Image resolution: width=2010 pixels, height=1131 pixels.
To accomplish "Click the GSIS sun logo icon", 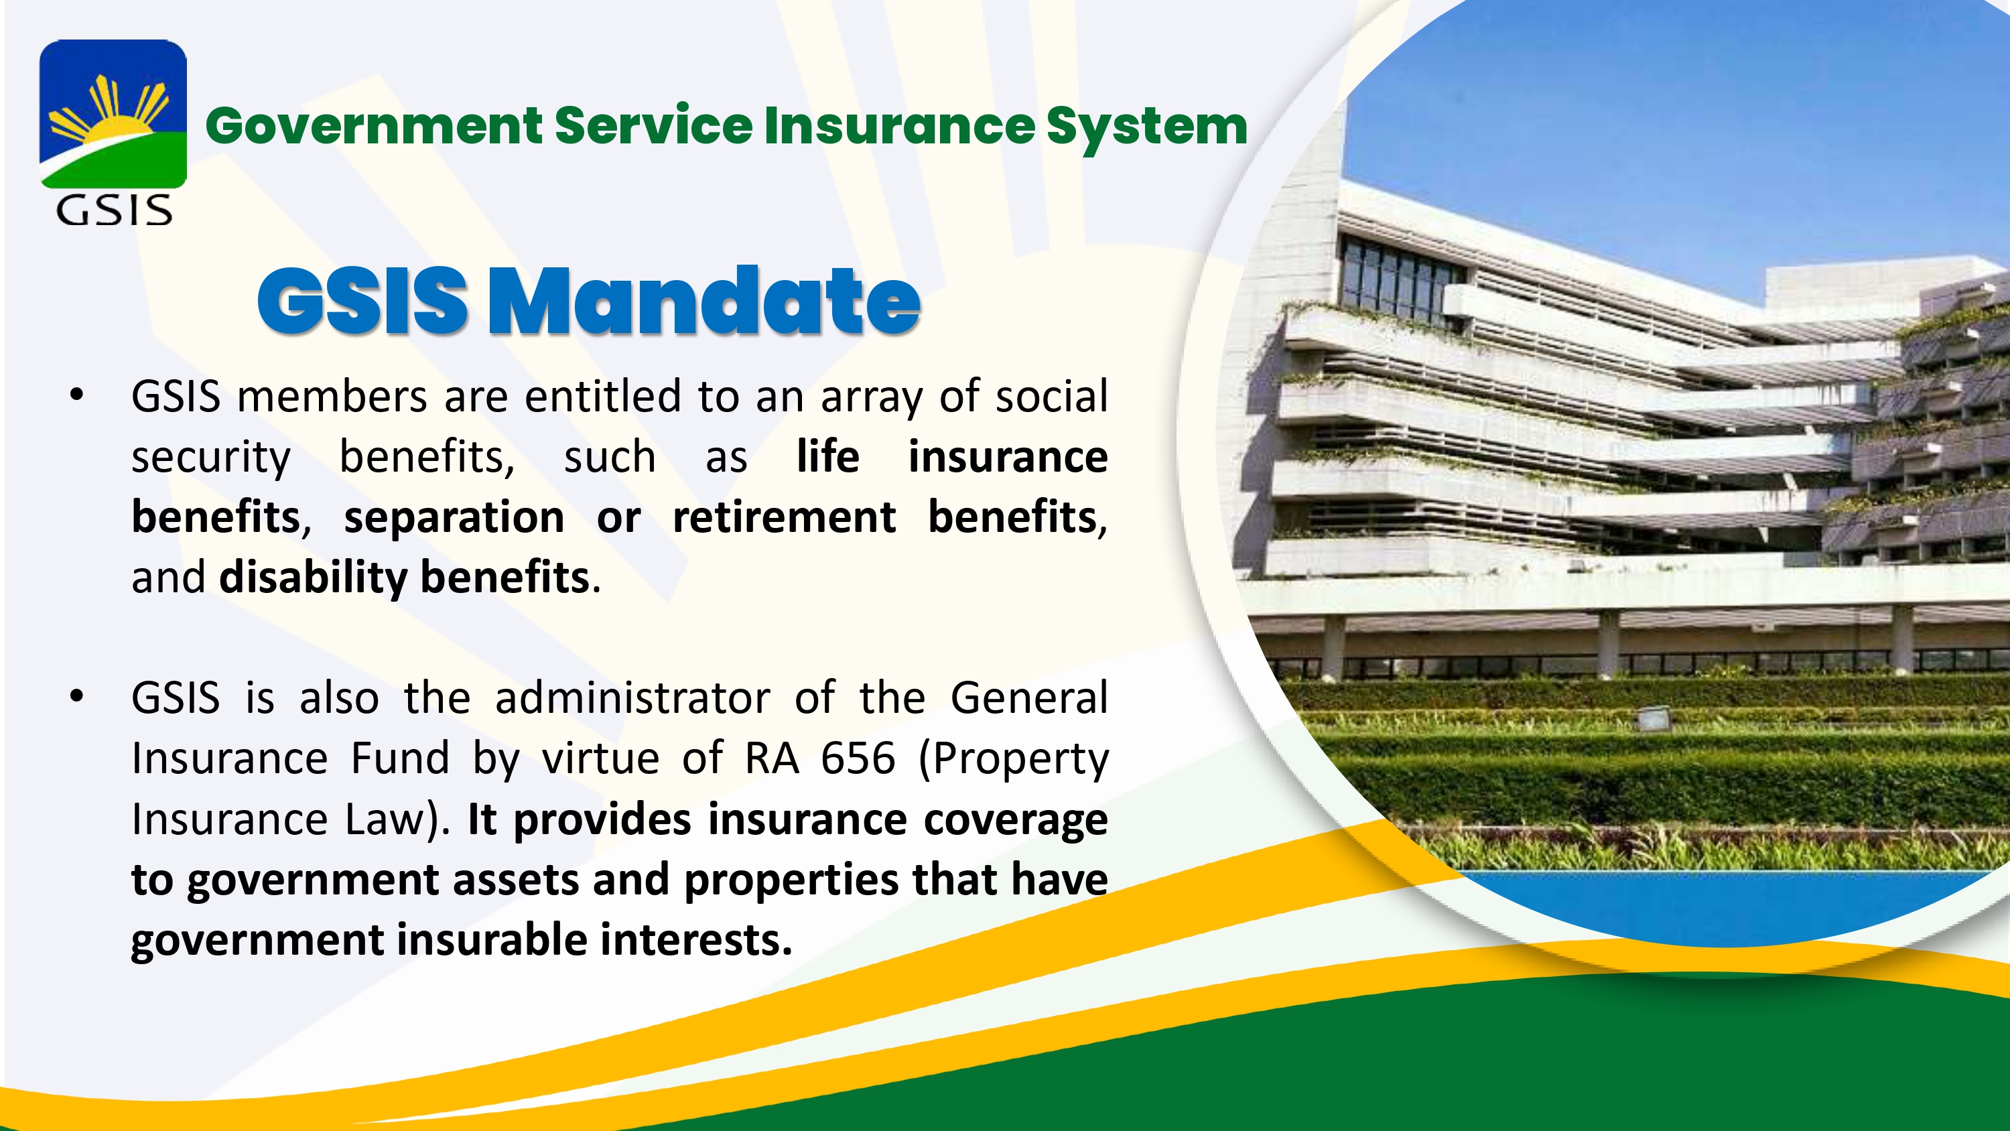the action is coord(113,114).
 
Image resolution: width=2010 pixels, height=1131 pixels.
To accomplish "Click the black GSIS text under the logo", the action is coord(114,211).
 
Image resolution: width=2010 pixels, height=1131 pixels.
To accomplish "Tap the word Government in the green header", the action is coord(375,127).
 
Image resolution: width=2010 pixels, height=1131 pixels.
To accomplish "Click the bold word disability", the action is coord(313,578).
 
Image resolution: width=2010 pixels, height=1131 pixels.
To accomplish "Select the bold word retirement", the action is coord(784,517).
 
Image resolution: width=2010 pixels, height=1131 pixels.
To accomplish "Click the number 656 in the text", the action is coord(858,758).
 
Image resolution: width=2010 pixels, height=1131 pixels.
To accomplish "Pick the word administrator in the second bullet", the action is coord(632,697).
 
